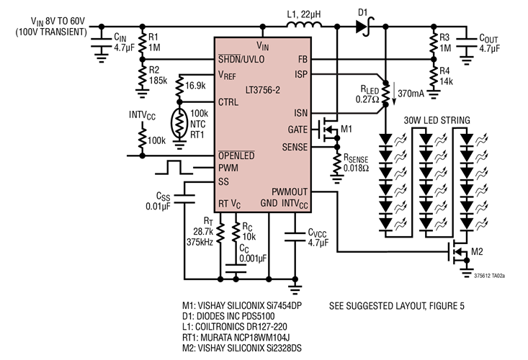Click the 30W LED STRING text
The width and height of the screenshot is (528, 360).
pyautogui.click(x=437, y=119)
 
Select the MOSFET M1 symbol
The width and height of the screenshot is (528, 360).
pyautogui.click(x=329, y=130)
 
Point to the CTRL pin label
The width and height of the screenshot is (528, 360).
pyautogui.click(x=230, y=102)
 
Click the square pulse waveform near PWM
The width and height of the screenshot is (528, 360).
pyautogui.click(x=176, y=168)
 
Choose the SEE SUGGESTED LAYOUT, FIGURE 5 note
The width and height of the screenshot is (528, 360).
pyautogui.click(x=397, y=306)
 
